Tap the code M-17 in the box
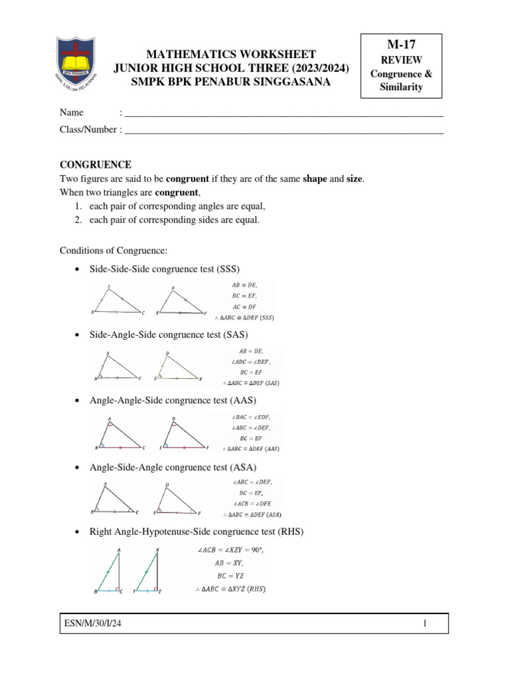tap(405, 44)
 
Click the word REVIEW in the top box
tap(405, 60)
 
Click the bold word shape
tap(315, 179)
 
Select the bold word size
tap(354, 179)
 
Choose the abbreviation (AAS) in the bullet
tap(242, 401)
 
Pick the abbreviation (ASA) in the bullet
tap(242, 467)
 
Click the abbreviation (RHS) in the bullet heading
tap(290, 532)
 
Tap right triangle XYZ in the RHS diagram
tap(153, 572)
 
